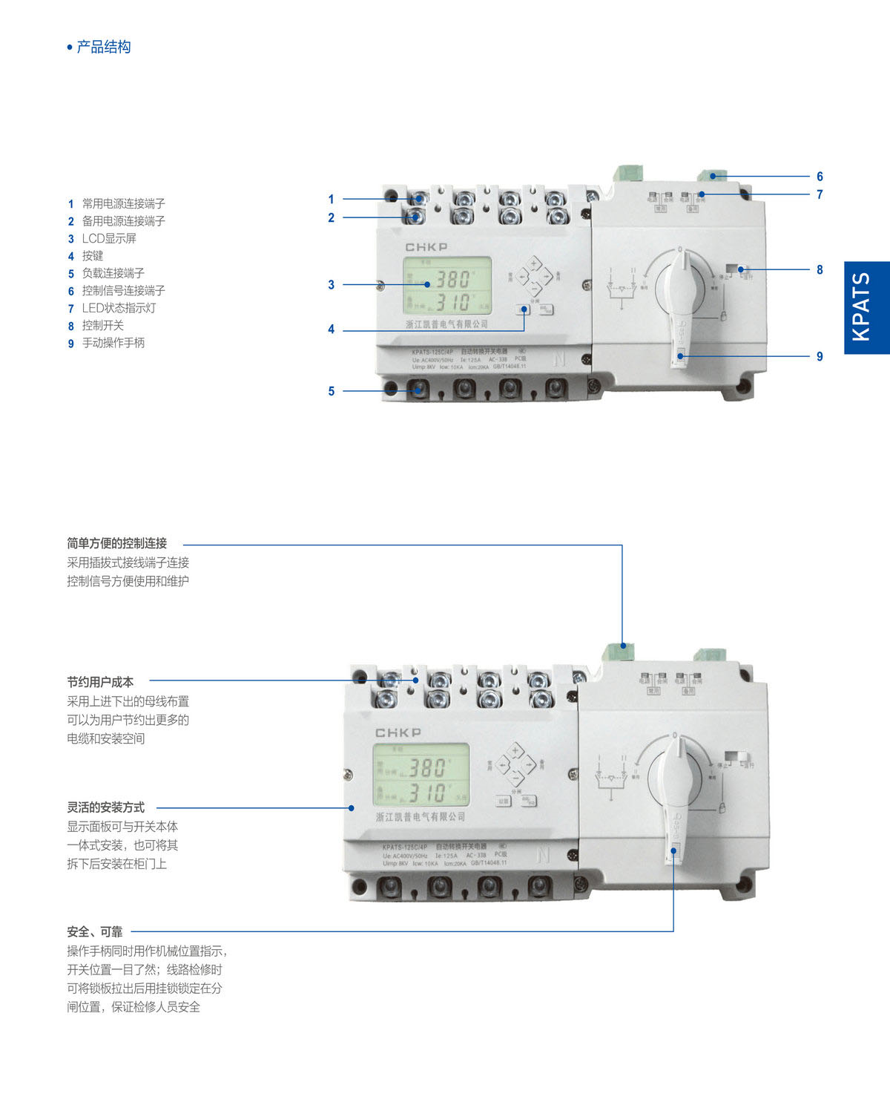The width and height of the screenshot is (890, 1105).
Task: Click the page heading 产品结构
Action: click(103, 47)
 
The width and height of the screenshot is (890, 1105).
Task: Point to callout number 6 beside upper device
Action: click(820, 177)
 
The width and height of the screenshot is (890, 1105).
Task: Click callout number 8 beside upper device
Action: click(820, 270)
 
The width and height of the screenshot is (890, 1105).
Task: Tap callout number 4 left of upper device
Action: click(332, 329)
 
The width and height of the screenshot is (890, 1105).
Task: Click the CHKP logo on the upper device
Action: click(426, 246)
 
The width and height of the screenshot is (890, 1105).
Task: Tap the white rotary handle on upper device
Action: click(680, 297)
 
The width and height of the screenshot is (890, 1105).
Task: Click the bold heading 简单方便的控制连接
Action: click(117, 543)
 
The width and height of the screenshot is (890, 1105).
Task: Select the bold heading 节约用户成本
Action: click(100, 681)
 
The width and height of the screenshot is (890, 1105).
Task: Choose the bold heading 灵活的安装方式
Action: click(106, 807)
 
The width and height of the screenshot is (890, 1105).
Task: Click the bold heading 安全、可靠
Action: click(95, 931)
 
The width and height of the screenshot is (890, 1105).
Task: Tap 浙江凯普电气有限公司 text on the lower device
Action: click(421, 817)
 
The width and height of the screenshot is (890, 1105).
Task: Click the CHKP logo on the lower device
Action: click(398, 732)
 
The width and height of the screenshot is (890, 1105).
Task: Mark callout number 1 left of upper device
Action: click(332, 199)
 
